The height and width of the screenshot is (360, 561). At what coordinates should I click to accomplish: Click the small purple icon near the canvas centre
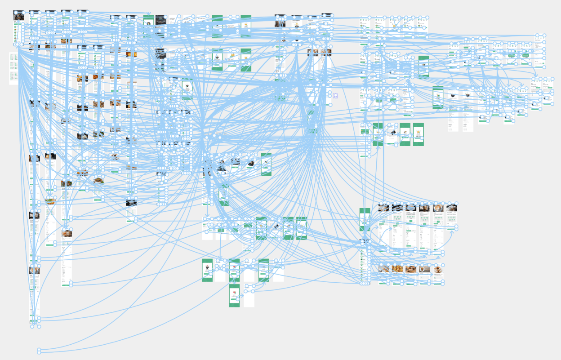335,96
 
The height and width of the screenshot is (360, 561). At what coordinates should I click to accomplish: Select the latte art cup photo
438,208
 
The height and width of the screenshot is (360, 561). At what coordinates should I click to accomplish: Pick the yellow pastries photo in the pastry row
397,269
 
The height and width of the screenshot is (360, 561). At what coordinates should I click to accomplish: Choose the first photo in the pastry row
384,269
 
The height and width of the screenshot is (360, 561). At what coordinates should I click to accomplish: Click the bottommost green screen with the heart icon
234,295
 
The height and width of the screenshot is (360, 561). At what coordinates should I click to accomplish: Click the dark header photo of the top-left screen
18,16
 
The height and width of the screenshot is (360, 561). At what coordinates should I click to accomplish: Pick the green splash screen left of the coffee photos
365,219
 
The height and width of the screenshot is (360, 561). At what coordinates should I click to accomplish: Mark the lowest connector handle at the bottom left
39,350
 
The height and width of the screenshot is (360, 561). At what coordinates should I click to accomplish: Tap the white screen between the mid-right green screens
392,134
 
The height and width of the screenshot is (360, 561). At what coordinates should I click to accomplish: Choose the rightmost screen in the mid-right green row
419,134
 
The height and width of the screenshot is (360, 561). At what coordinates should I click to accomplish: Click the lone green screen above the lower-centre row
224,195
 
